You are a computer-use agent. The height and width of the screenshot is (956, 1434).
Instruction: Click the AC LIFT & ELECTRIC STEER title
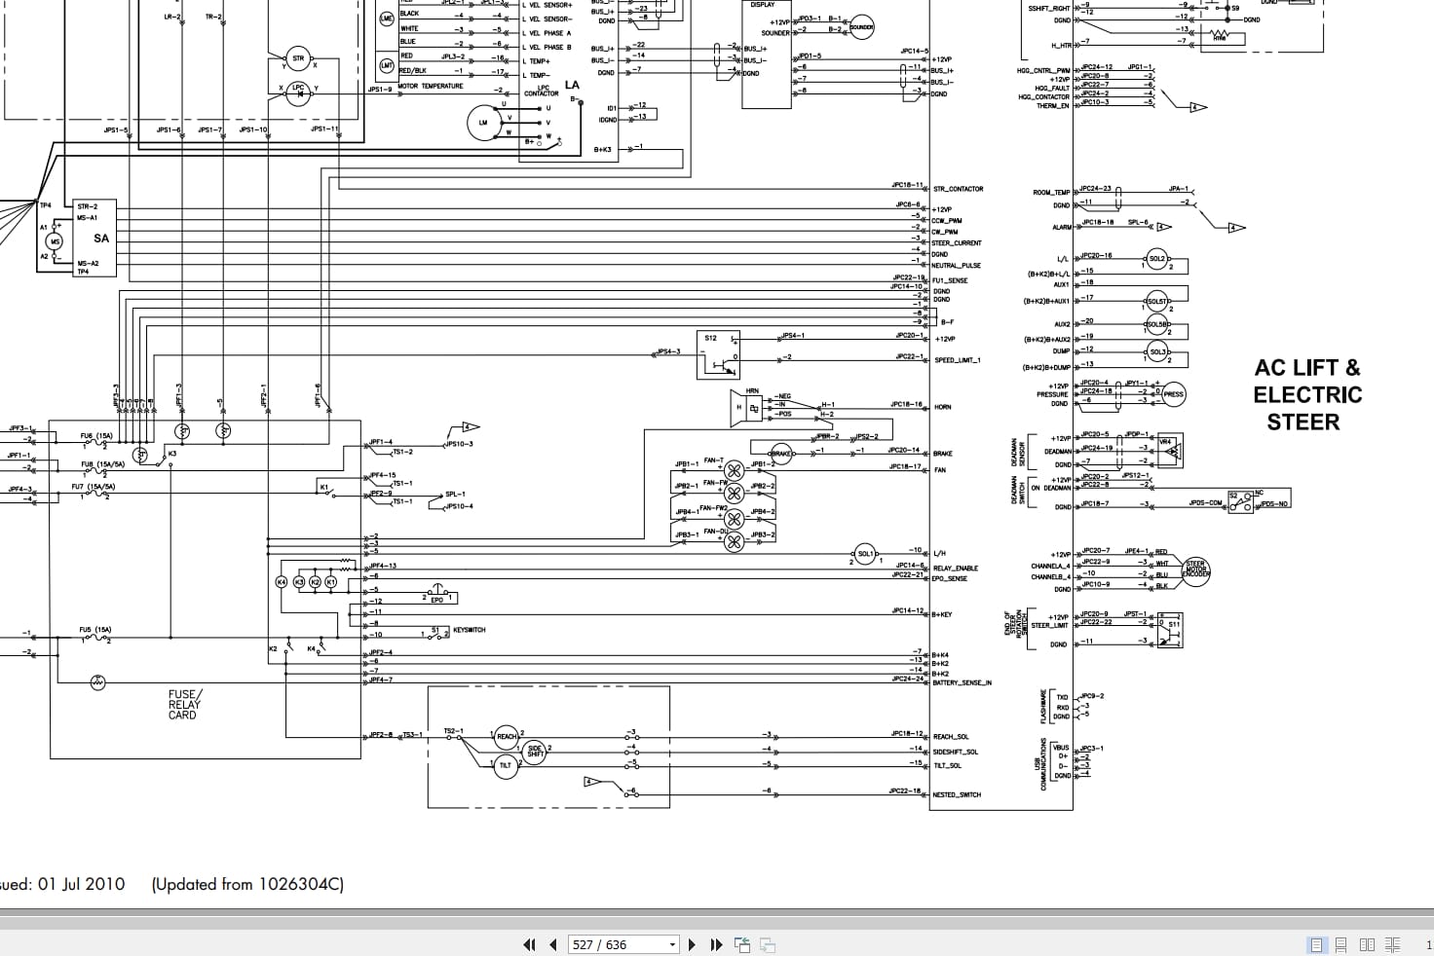(x=1307, y=394)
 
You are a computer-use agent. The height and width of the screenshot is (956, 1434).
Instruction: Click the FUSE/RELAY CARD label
(x=183, y=705)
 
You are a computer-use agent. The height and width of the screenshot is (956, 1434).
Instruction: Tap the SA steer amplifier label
(x=101, y=239)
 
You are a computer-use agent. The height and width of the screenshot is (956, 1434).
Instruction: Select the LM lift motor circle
(x=482, y=123)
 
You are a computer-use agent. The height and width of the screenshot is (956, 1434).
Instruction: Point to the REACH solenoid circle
(x=507, y=737)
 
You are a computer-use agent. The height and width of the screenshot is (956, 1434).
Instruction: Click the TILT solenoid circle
(x=505, y=765)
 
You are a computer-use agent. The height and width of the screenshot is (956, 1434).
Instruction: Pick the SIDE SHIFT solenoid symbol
(x=535, y=751)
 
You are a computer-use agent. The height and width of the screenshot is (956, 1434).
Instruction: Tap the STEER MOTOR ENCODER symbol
(x=1195, y=570)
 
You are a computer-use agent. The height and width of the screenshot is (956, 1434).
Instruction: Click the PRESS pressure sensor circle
(x=1173, y=394)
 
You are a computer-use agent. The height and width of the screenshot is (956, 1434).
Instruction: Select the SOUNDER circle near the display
(x=862, y=27)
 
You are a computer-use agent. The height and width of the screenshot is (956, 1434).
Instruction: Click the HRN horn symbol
(x=751, y=408)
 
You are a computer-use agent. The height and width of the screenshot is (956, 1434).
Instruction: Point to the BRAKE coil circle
(x=780, y=454)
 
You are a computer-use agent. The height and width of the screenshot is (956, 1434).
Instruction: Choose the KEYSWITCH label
(x=469, y=631)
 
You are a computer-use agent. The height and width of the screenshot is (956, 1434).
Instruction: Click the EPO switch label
(x=436, y=600)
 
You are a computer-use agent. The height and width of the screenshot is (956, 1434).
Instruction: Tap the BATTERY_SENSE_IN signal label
(x=962, y=683)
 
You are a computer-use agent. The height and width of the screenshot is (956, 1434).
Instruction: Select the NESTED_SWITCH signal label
(x=957, y=795)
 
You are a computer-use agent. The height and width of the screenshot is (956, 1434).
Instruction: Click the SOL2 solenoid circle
(x=1156, y=259)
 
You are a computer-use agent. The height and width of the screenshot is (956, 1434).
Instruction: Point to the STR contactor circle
(x=298, y=58)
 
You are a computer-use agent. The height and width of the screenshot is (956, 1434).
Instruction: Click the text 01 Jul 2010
(x=81, y=884)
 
